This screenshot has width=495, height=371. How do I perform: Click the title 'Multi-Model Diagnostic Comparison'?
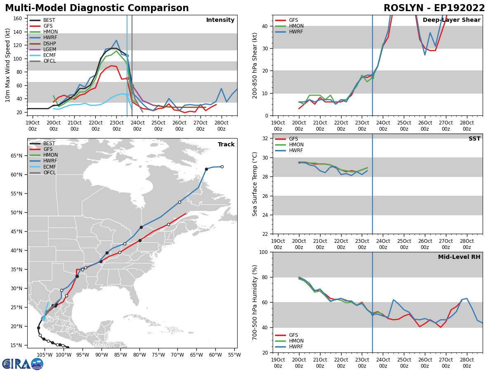click(x=97, y=8)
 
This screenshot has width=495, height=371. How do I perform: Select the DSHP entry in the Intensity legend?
click(x=49, y=44)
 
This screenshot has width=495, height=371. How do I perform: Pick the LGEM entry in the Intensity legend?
click(x=49, y=49)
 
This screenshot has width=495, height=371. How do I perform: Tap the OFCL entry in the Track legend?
click(x=49, y=173)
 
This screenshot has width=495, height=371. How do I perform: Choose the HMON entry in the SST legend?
click(x=296, y=145)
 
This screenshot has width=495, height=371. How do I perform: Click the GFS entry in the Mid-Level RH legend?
click(x=293, y=335)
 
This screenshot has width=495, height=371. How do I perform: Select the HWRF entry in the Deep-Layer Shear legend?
click(x=297, y=32)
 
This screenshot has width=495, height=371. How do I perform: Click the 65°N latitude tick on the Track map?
click(x=17, y=156)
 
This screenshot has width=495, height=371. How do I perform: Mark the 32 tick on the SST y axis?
click(x=266, y=139)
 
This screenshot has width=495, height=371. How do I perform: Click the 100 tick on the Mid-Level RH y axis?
click(x=264, y=252)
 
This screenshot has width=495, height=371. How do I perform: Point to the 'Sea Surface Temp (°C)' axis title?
click(x=255, y=184)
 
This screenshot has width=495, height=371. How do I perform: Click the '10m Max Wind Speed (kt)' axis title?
click(x=8, y=65)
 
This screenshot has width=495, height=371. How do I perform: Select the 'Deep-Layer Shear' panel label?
click(x=451, y=20)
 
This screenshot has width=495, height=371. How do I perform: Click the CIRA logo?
click(x=23, y=364)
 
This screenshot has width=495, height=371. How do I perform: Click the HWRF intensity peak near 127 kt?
click(x=116, y=40)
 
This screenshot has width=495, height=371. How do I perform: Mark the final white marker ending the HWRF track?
click(x=222, y=167)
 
